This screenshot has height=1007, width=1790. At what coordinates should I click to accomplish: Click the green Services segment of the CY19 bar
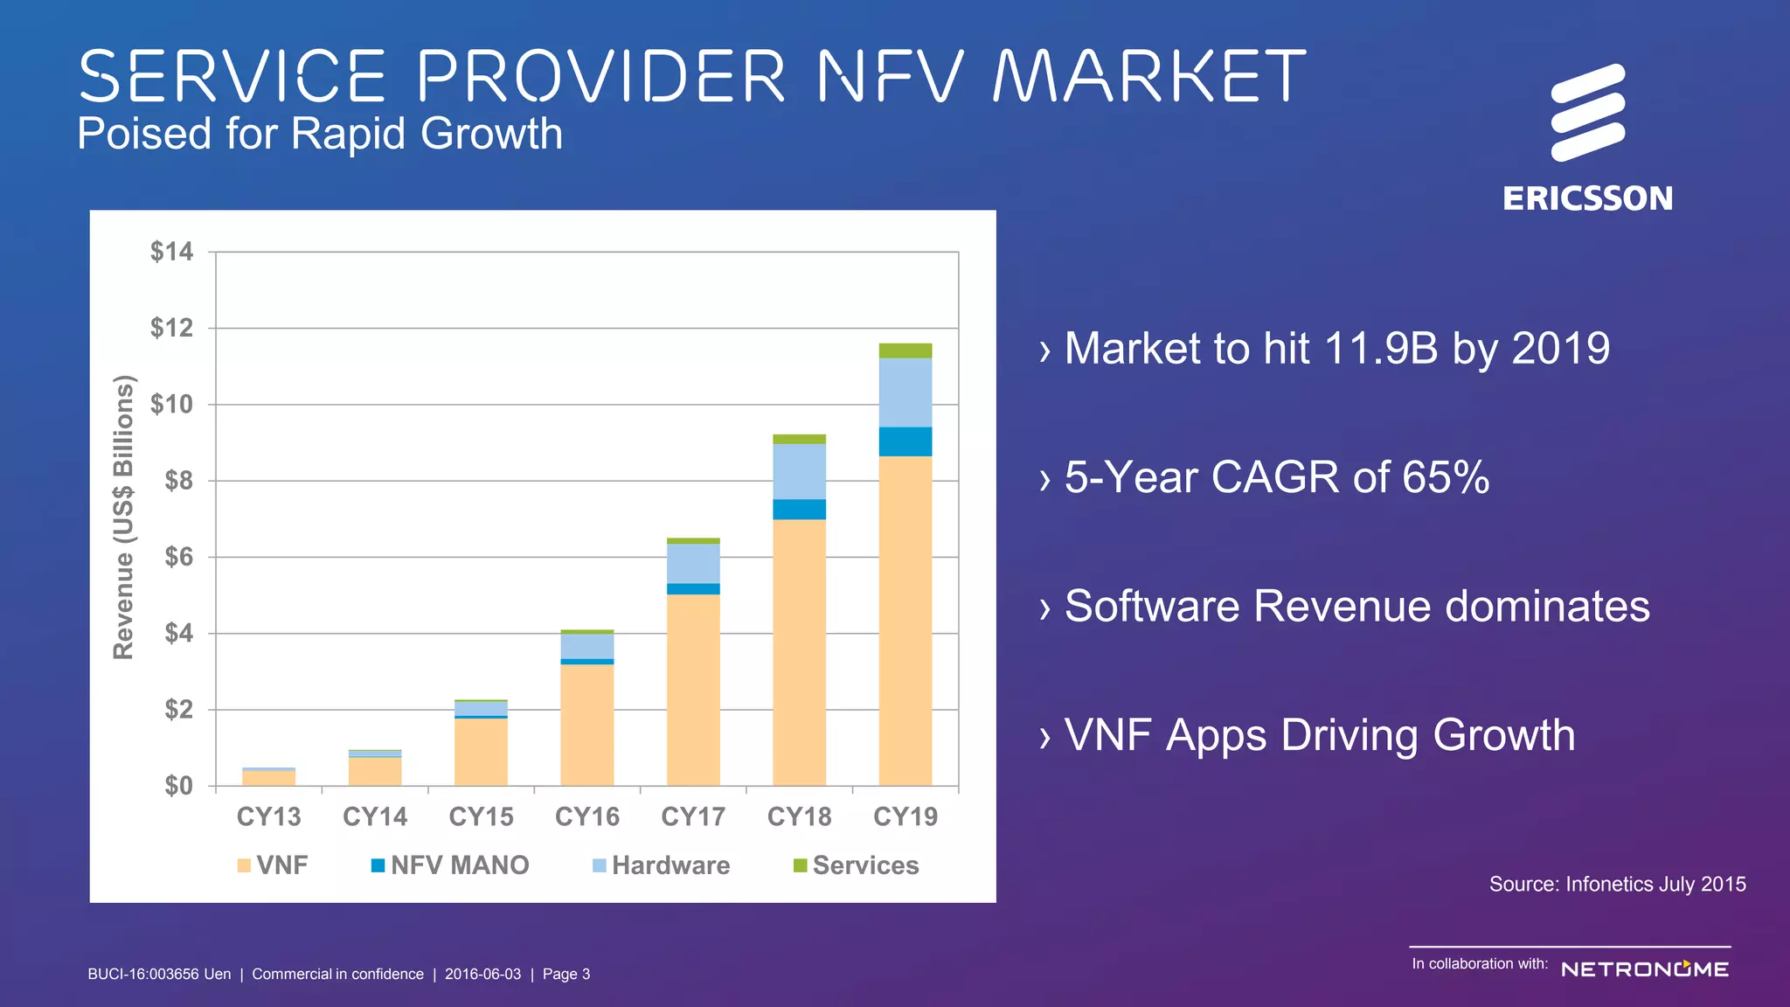(x=905, y=351)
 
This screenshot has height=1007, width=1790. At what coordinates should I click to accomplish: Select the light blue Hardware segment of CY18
(x=799, y=471)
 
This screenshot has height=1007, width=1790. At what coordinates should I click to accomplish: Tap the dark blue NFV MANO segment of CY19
(x=905, y=441)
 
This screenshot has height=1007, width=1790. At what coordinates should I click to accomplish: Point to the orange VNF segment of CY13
(x=268, y=778)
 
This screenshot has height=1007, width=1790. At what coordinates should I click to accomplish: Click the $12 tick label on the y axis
(x=171, y=328)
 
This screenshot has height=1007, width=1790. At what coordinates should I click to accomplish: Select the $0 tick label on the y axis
(x=178, y=785)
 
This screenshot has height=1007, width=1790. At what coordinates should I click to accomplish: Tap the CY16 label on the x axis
(x=586, y=816)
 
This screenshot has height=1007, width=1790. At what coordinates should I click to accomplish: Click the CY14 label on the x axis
(x=375, y=816)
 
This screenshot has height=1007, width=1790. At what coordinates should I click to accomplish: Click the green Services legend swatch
(x=800, y=865)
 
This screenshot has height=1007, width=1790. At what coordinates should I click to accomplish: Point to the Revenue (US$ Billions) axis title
(x=124, y=517)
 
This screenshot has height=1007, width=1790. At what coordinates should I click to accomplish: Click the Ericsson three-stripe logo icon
(x=1587, y=113)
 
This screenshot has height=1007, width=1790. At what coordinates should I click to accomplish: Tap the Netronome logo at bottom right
(x=1644, y=969)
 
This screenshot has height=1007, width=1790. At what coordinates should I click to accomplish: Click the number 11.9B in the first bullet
(x=1381, y=348)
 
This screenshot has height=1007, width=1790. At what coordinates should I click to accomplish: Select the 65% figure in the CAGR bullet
(x=1446, y=477)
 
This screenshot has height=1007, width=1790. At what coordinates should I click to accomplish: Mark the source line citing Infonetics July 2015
(x=1617, y=884)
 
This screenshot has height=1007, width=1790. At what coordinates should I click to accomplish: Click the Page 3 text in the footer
(x=565, y=974)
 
